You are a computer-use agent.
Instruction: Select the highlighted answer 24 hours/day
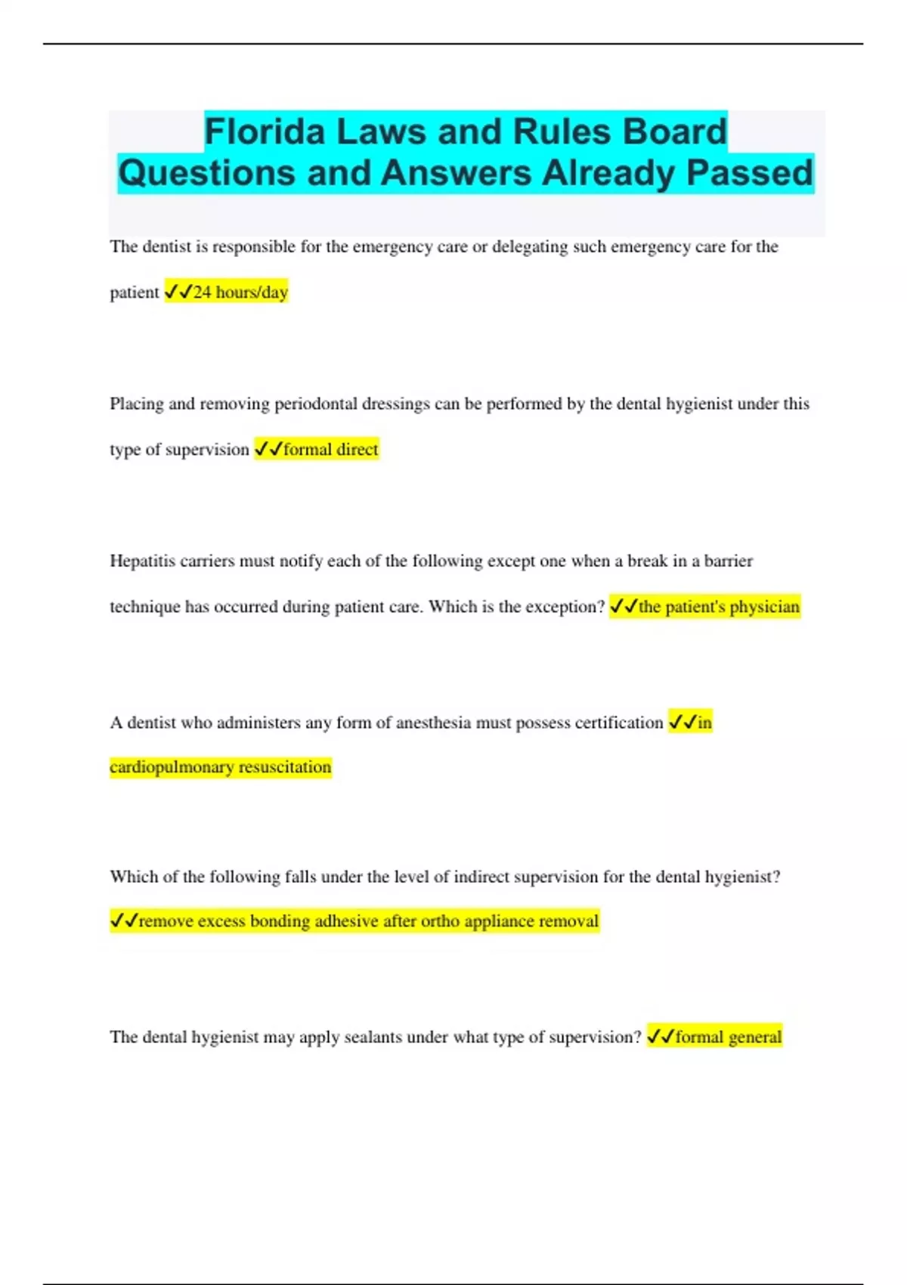coord(240,293)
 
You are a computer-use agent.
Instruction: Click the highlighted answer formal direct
coord(330,450)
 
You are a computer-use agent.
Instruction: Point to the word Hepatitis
coord(142,561)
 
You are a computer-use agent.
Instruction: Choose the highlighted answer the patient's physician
coord(718,607)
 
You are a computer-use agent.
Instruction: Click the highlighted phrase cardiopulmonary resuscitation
coord(221,767)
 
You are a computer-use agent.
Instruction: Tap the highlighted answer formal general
coord(728,1037)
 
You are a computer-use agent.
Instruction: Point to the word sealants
coord(373,1037)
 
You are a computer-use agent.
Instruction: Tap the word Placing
coord(136,404)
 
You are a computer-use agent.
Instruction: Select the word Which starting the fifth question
coord(134,877)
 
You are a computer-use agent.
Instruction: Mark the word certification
coord(618,723)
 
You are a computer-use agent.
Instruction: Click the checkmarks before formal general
coord(661,1037)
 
